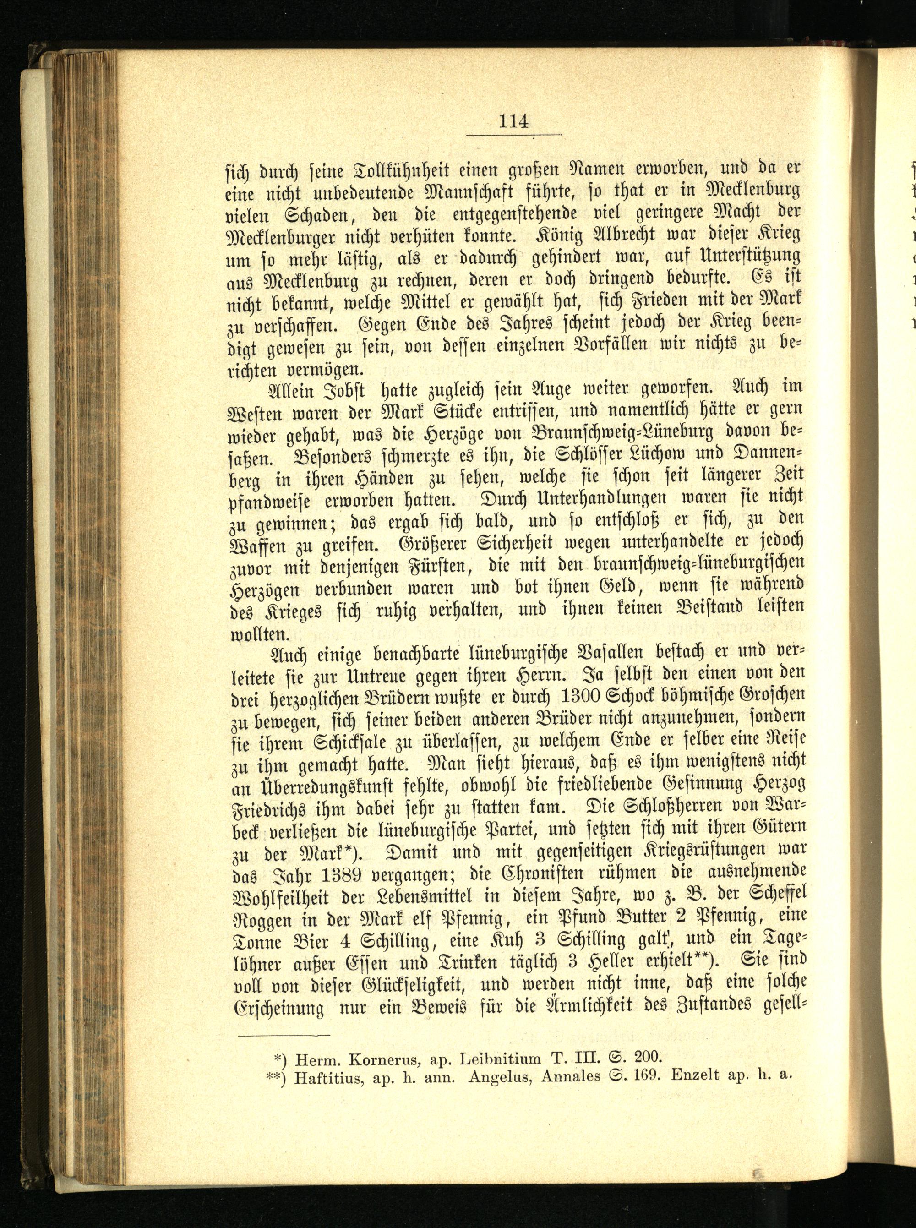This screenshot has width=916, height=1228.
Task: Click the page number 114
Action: pos(513,121)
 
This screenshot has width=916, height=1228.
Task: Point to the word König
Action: pos(558,235)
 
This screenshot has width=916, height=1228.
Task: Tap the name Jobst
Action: pos(345,390)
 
